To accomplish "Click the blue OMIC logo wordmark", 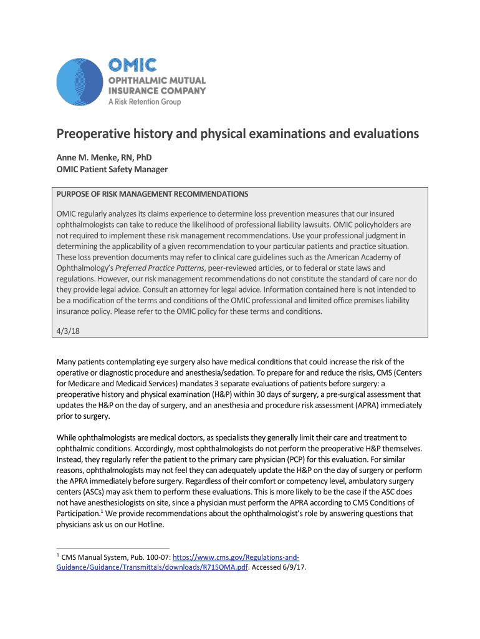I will click(x=133, y=65).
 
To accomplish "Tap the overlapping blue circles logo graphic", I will click(x=79, y=80).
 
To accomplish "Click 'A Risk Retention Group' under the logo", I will click(x=145, y=102).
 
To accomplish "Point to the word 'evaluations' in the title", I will click(x=379, y=134).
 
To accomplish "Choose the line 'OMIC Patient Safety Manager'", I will click(x=112, y=170).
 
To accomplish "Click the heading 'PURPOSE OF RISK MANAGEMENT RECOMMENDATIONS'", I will click(x=152, y=194).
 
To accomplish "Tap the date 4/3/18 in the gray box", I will click(x=67, y=332).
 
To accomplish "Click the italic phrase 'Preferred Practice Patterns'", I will click(x=147, y=268).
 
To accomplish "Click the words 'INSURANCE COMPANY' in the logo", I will click(x=158, y=90).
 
